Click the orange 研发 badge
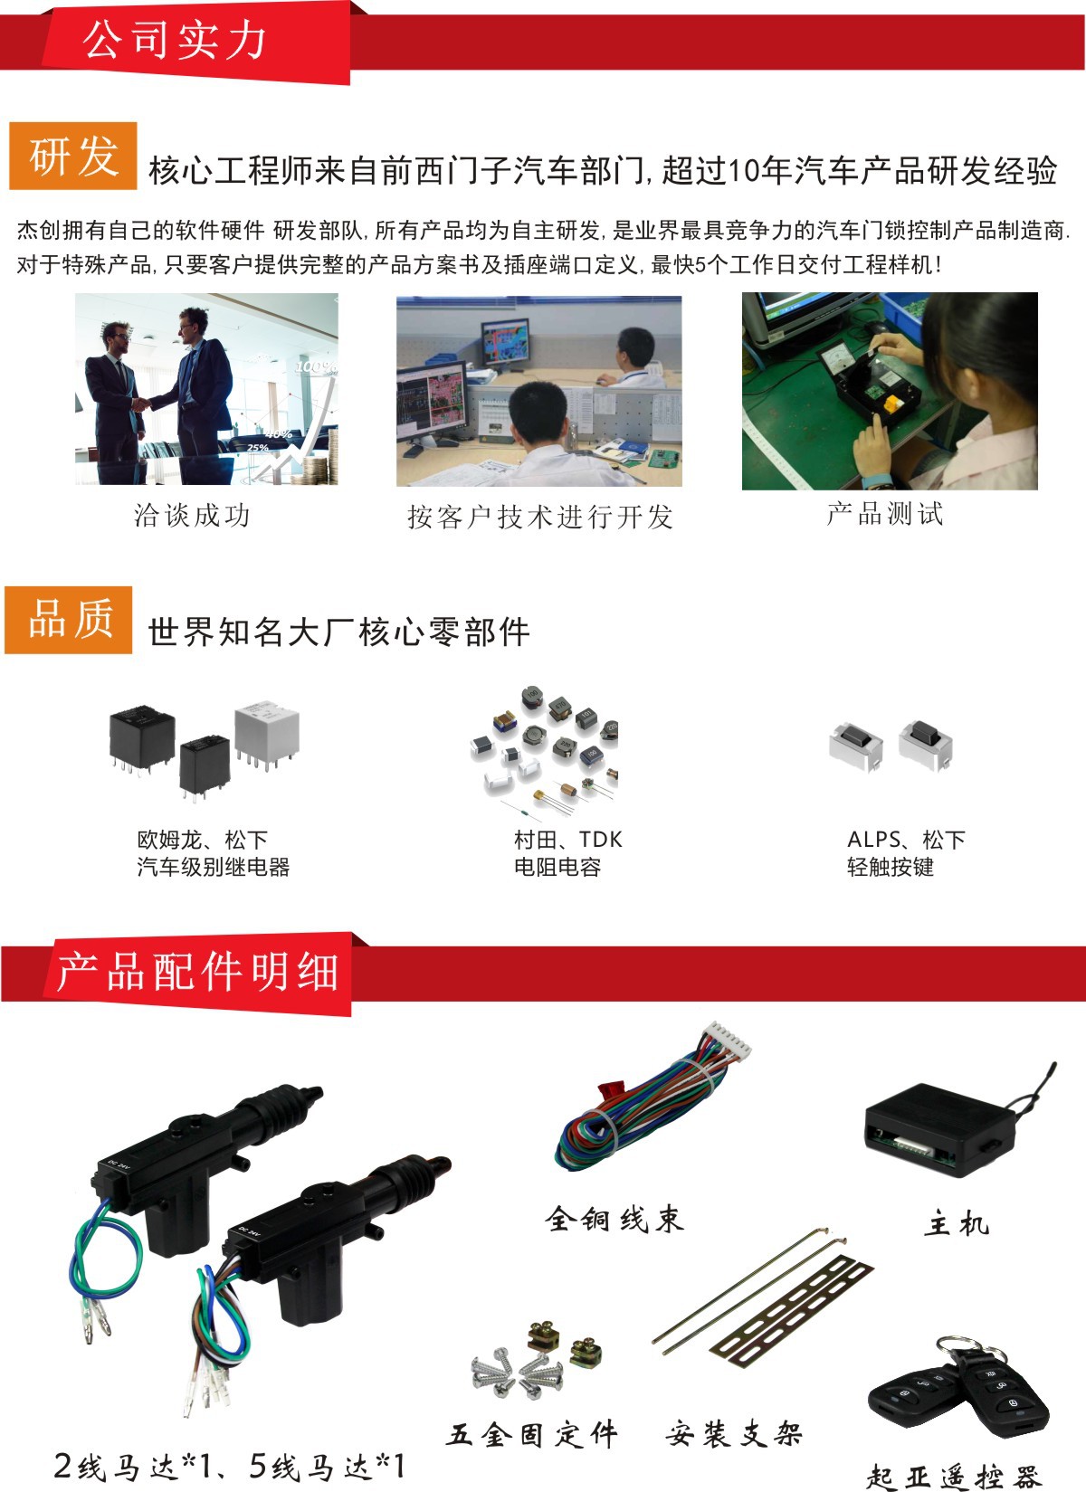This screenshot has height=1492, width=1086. coord(73,157)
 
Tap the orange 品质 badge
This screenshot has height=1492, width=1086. coord(69,620)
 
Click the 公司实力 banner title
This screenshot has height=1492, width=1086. coord(176,41)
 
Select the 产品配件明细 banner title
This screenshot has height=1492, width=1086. coord(197,973)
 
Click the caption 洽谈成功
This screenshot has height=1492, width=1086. coord(192,516)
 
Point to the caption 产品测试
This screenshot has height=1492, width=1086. coord(884,514)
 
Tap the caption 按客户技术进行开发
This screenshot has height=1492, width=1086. coord(539,517)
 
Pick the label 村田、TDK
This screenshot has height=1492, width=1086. coord(567,839)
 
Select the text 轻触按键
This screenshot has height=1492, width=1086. coord(891,867)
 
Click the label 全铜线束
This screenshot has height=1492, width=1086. coord(614,1219)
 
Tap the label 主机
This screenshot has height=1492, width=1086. coord(957,1224)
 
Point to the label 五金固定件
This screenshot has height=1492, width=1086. coord(533,1434)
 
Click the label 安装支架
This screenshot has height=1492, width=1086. coord(734,1433)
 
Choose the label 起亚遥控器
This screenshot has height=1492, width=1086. coord(953,1476)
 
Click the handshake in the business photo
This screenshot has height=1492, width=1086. coord(140,404)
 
